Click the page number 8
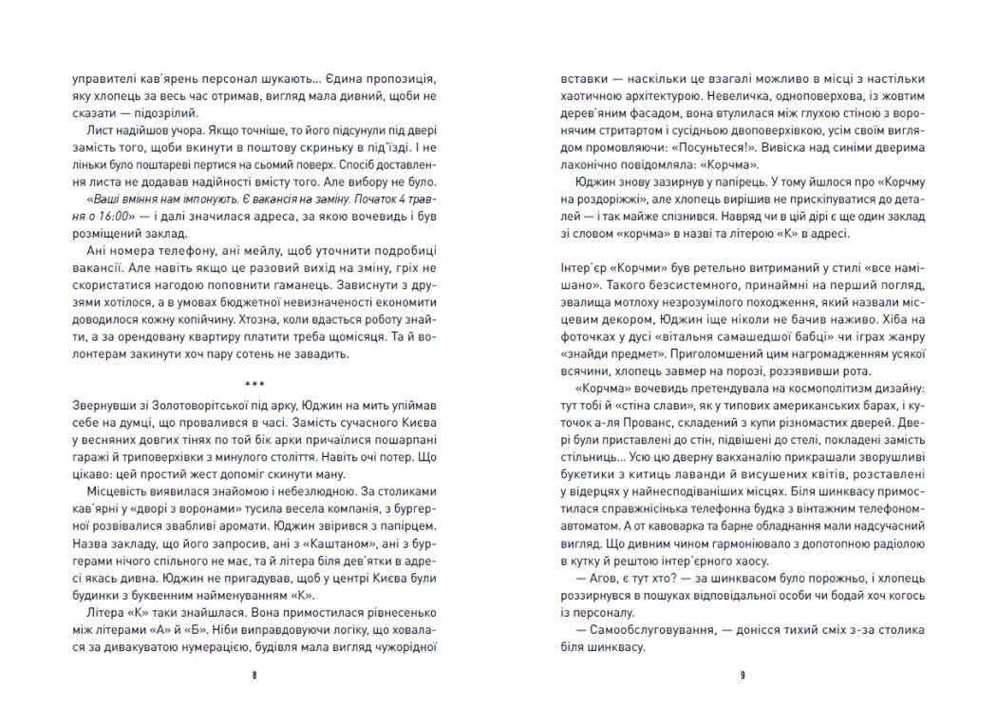pyautogui.click(x=254, y=675)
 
